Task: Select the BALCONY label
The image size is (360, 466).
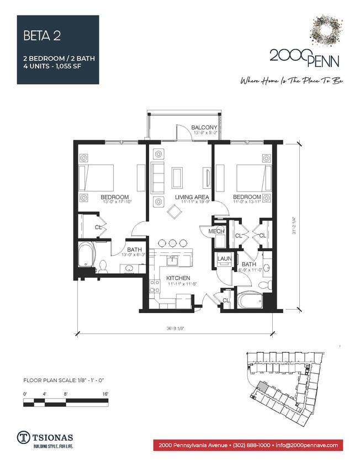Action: [204, 128]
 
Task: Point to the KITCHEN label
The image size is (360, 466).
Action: [178, 278]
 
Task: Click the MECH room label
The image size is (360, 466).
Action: [216, 231]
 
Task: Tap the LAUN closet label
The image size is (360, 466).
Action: [224, 258]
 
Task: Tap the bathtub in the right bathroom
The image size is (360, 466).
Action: [249, 300]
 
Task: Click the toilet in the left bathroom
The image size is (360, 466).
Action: [103, 268]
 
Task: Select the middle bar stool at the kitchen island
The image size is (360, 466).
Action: [172, 243]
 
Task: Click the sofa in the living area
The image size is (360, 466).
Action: [158, 178]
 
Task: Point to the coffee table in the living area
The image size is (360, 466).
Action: [178, 178]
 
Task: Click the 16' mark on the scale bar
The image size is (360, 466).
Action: [105, 393]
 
